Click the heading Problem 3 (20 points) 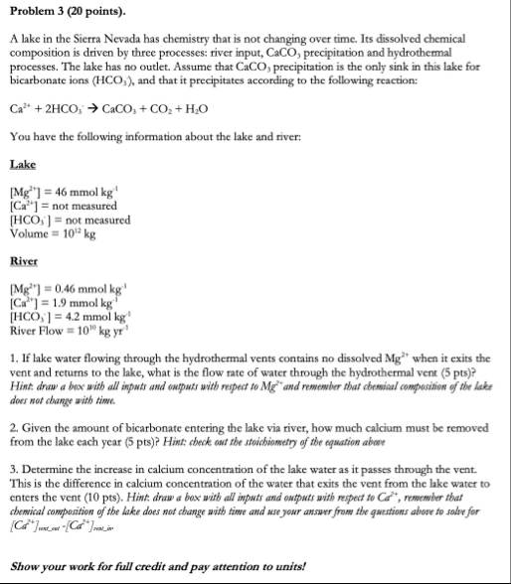[x=67, y=12]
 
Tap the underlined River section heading [x=24, y=264]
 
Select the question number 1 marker [x=12, y=357]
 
